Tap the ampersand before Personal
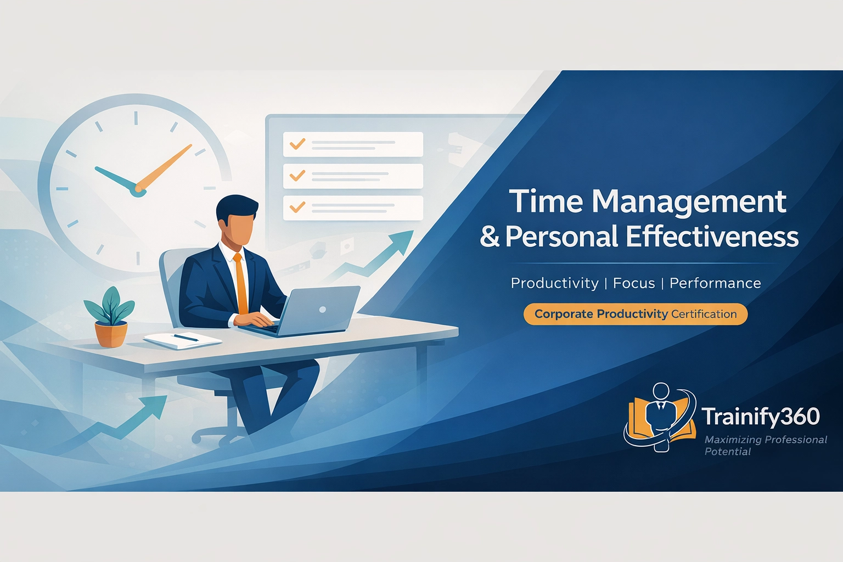click(490, 237)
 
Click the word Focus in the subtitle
click(634, 283)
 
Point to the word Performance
click(715, 283)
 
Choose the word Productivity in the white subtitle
click(554, 283)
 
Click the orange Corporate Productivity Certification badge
click(635, 314)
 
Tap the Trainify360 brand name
click(761, 417)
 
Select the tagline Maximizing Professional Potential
click(765, 445)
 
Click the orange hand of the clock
click(164, 167)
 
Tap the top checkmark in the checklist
click(297, 144)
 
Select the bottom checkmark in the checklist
click(297, 207)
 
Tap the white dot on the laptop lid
click(323, 310)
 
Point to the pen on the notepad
click(186, 338)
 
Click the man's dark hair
click(236, 207)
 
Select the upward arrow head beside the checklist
click(403, 240)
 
